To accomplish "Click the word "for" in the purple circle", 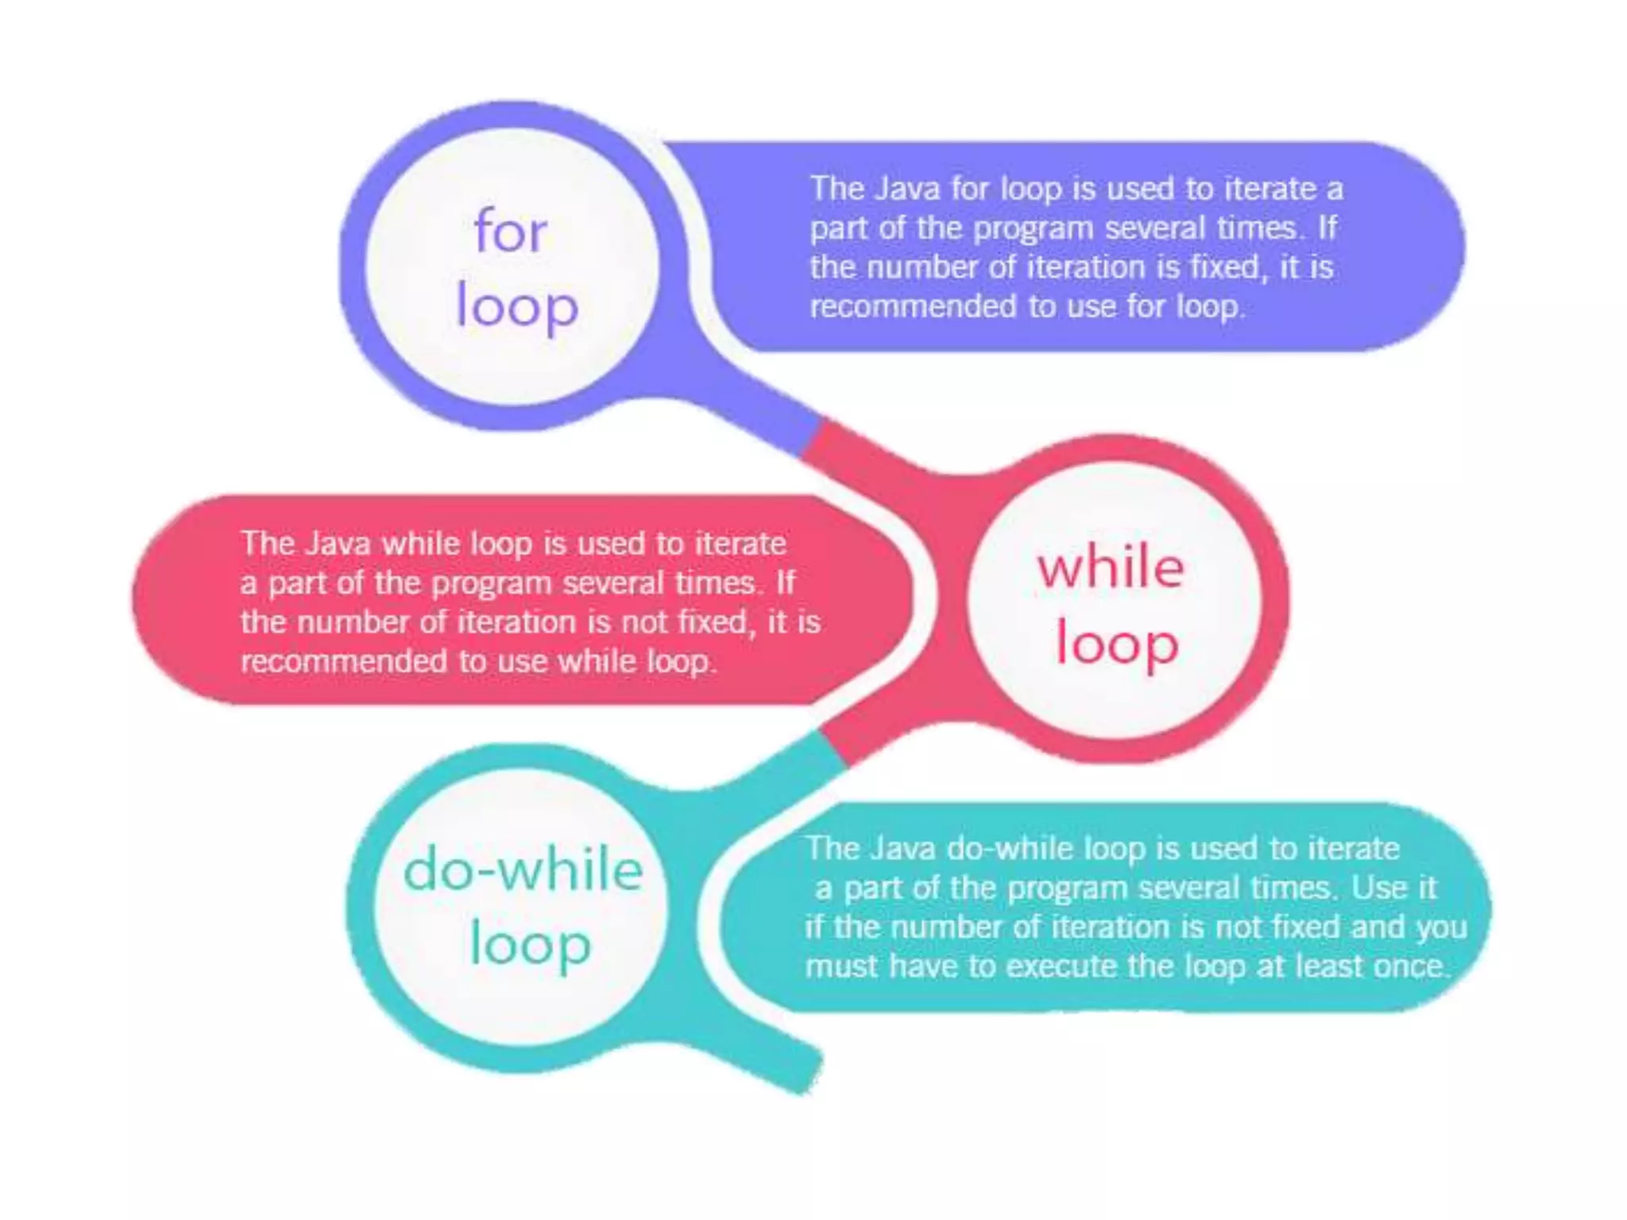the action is click(510, 231).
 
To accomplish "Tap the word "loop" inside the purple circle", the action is click(516, 307).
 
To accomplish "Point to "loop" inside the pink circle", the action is click(1116, 644).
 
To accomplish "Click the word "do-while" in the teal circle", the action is click(523, 870).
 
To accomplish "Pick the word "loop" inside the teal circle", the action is click(530, 946).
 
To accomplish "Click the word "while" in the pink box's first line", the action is click(420, 544).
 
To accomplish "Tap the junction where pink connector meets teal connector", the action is click(833, 747).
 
